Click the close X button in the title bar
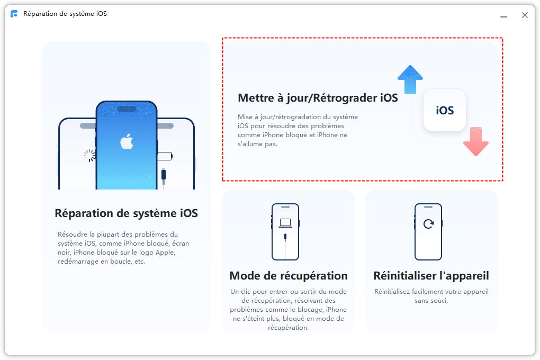525,15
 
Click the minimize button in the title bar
503,16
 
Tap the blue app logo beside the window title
14,14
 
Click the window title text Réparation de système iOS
65,14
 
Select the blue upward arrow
410,79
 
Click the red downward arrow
476,141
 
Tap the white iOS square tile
445,110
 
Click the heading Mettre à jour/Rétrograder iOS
318,98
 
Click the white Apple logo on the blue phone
127,141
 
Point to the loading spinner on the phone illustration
89,155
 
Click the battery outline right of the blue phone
165,156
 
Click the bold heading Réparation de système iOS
127,213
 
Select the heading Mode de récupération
289,276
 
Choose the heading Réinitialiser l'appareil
431,276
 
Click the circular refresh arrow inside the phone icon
428,224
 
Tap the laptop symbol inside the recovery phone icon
285,223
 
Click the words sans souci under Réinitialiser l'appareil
431,301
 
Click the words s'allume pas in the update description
258,144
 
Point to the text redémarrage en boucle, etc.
101,262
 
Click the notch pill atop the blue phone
127,109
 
